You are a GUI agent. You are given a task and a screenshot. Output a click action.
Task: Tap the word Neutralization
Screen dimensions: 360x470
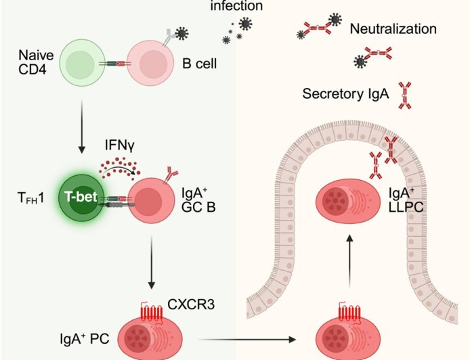pos(393,29)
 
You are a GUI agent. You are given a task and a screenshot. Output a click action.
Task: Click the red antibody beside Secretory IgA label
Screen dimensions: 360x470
pos(406,94)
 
